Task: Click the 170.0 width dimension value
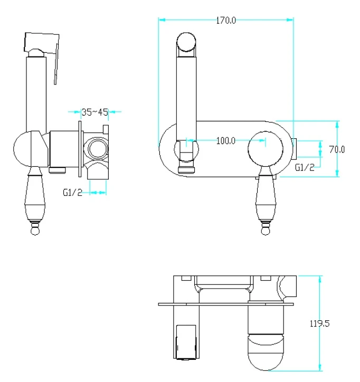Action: pos(226,21)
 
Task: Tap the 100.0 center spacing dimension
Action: pos(226,141)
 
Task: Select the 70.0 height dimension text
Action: pos(337,149)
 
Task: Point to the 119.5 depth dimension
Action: pos(319,323)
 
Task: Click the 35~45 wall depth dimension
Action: pos(94,112)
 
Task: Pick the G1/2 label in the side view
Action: pos(72,193)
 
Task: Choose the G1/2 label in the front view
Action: pos(305,167)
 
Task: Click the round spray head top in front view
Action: pos(186,42)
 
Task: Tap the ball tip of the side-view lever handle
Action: pos(35,231)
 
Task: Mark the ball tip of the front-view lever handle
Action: pos(266,231)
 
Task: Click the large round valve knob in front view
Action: pos(266,149)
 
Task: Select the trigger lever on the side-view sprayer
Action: pos(56,64)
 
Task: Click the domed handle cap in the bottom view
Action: pos(266,352)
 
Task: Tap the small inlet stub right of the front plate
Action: pos(293,148)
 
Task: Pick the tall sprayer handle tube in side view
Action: pos(36,94)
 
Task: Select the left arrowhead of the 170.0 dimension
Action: pos(162,20)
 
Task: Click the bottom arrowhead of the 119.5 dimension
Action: pos(320,367)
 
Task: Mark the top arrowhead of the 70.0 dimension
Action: pos(337,125)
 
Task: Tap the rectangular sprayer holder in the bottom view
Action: pos(186,342)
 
